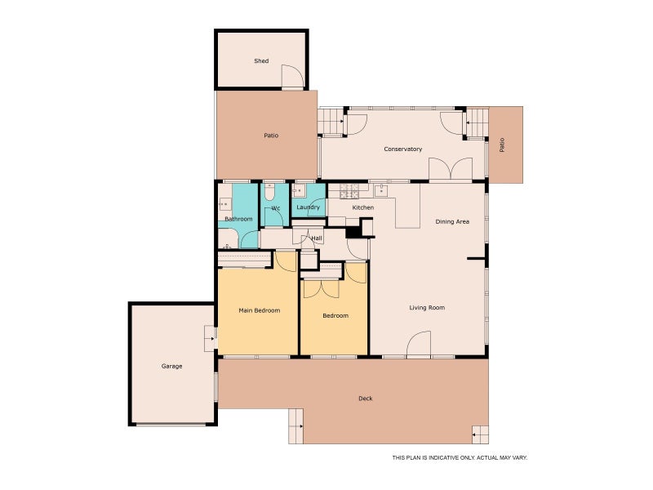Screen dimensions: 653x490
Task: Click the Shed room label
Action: (261, 60)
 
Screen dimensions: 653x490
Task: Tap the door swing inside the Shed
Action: (293, 76)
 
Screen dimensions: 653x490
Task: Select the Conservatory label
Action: (402, 149)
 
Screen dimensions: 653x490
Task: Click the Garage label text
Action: (171, 366)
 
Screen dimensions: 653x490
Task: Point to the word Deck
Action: (365, 399)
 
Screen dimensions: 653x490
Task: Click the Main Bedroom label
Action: (259, 310)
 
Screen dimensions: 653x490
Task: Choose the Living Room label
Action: (427, 308)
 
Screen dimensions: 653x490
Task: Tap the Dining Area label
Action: (452, 221)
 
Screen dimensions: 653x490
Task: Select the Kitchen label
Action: (362, 207)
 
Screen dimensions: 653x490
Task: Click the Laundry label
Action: (308, 207)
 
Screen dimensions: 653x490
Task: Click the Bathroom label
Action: (238, 219)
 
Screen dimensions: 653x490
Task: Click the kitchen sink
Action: (381, 190)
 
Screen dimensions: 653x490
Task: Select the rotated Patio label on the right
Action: (502, 145)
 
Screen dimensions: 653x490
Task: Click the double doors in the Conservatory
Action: (451, 169)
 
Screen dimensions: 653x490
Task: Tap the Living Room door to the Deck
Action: (419, 345)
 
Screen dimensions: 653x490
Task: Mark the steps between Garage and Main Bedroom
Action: (210, 338)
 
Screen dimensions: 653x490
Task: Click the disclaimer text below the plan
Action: (460, 457)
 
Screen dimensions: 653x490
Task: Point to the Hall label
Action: (317, 238)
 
